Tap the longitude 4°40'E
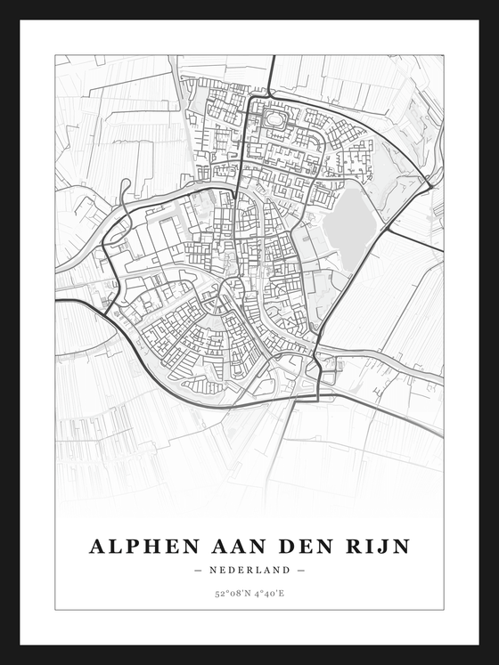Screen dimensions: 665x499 [x=271, y=594]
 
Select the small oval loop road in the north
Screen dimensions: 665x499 [x=274, y=117]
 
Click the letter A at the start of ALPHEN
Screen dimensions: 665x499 [x=97, y=545]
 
